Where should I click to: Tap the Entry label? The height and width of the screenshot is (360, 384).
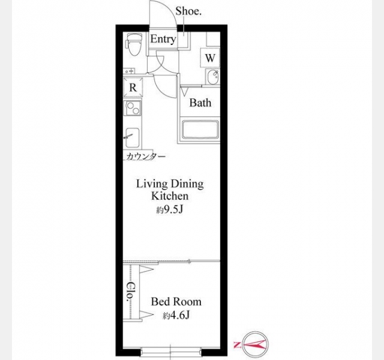(163, 39)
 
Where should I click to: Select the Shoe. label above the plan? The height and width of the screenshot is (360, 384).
(188, 11)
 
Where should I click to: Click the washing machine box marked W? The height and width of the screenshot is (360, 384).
(210, 58)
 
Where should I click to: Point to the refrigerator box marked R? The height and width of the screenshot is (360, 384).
(133, 88)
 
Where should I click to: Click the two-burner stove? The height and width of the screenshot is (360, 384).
(133, 108)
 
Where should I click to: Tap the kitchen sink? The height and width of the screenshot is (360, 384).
(133, 137)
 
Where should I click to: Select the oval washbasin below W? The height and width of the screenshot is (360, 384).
(212, 77)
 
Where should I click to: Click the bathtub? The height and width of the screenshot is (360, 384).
(200, 130)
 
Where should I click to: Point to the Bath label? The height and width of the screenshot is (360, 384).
(200, 103)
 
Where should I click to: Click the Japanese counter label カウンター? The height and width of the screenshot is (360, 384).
(146, 156)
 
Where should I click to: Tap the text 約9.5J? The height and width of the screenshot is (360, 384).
(170, 209)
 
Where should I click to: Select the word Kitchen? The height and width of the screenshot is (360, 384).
(170, 196)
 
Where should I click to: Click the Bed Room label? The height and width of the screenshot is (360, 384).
(176, 301)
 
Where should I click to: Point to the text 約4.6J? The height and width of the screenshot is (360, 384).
(176, 316)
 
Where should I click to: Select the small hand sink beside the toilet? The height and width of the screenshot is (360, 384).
(129, 71)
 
